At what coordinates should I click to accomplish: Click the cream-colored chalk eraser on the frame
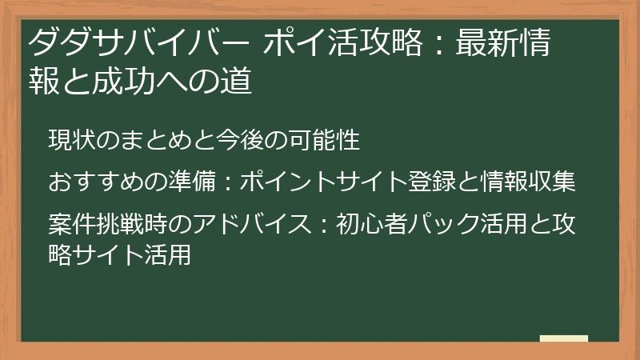coord(563,339)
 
